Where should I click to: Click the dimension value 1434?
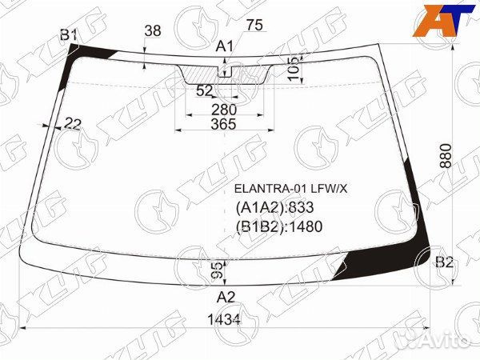[x=224, y=320]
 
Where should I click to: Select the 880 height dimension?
[x=446, y=155]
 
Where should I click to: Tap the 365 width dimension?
[x=224, y=124]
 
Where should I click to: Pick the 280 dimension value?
[x=224, y=110]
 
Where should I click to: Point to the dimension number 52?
[x=204, y=90]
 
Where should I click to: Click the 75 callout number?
[x=254, y=25]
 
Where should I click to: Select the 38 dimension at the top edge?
[x=153, y=31]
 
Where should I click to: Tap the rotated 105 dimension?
[x=294, y=69]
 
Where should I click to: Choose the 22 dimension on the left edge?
[x=74, y=124]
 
